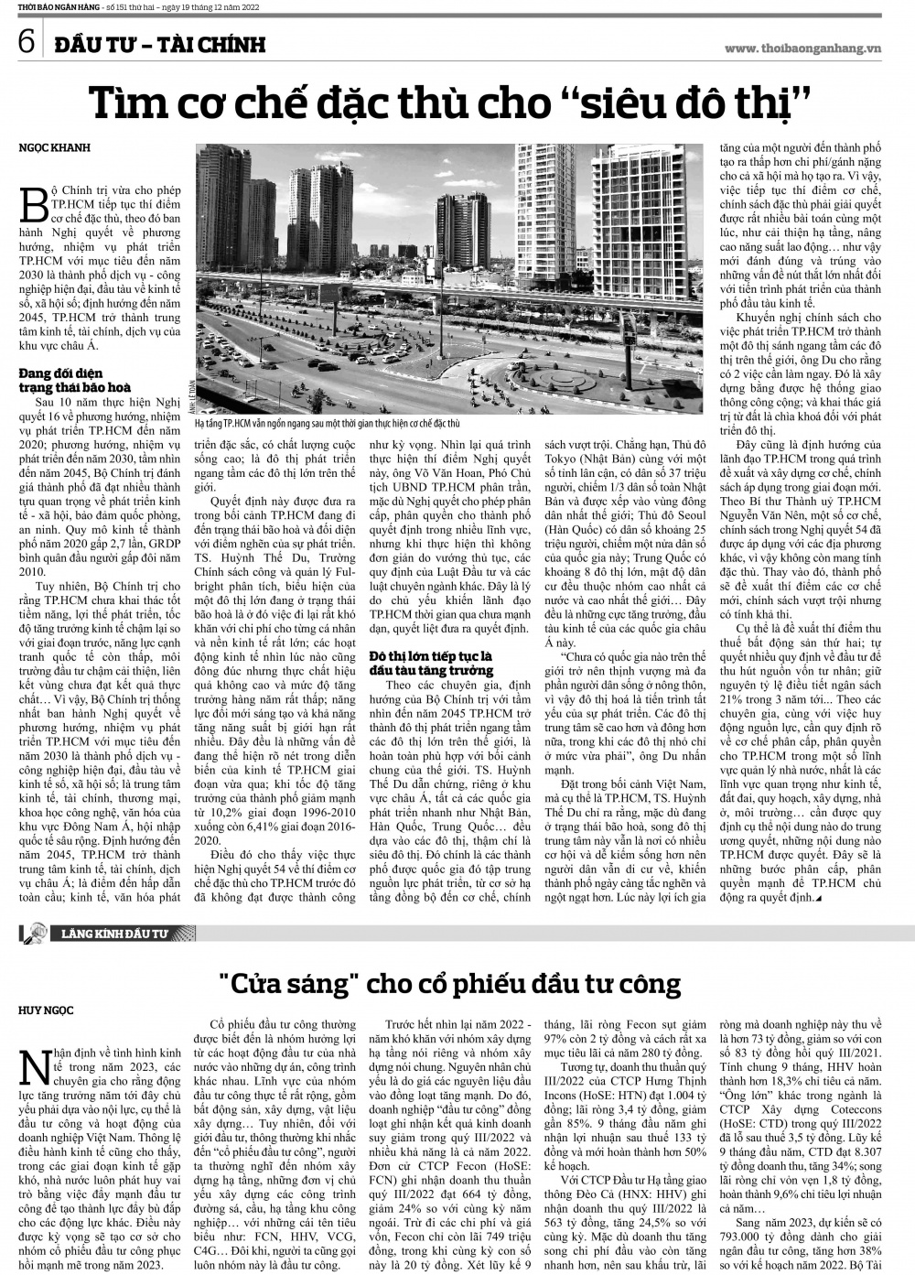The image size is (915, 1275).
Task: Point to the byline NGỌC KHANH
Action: [x=55, y=147]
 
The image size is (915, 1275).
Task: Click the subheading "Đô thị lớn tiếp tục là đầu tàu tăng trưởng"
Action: [x=431, y=664]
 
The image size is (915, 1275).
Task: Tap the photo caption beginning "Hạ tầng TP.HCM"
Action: [x=328, y=425]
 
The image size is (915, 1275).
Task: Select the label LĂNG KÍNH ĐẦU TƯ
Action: [x=116, y=935]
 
